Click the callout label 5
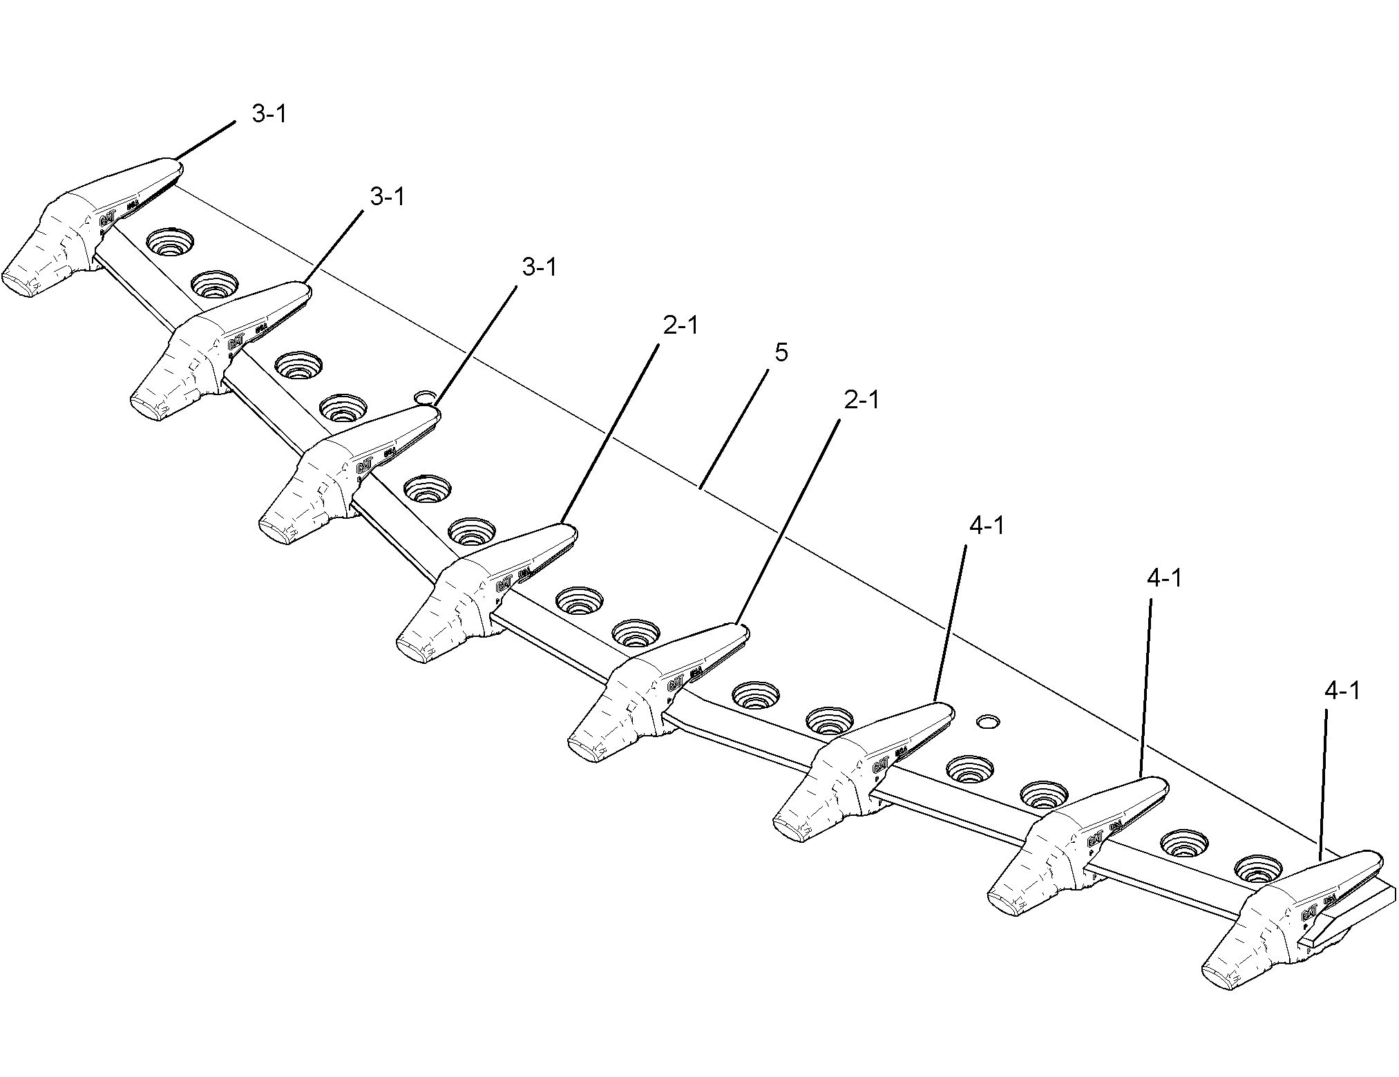pyautogui.click(x=781, y=353)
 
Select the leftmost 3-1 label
pyautogui.click(x=269, y=114)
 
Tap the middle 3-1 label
pyautogui.click(x=387, y=197)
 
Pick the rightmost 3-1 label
pyautogui.click(x=539, y=267)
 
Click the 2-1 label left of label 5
pyautogui.click(x=681, y=325)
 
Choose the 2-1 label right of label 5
pyautogui.click(x=861, y=400)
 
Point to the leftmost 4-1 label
pyautogui.click(x=987, y=526)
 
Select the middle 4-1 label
pyautogui.click(x=1164, y=578)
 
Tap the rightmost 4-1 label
pyautogui.click(x=1342, y=690)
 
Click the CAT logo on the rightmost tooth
pyautogui.click(x=1308, y=914)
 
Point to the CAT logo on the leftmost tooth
pyautogui.click(x=107, y=220)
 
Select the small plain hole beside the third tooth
pyautogui.click(x=424, y=397)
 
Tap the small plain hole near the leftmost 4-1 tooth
pyautogui.click(x=989, y=721)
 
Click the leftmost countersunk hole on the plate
pyautogui.click(x=170, y=242)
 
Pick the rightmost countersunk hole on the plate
pyautogui.click(x=1257, y=870)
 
